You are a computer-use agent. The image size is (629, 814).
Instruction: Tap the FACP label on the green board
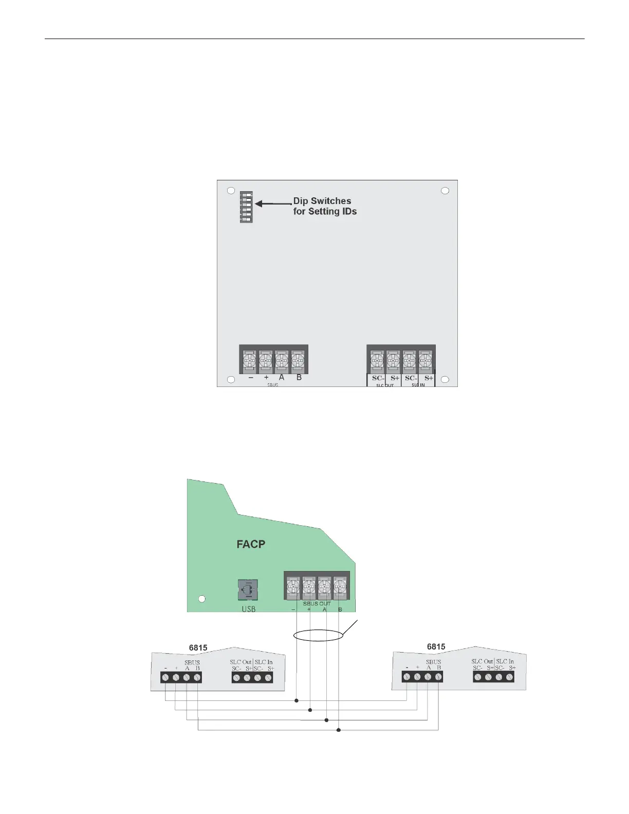point(251,544)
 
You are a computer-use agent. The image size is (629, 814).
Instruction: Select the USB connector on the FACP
point(248,589)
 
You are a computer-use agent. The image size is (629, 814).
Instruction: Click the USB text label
point(248,609)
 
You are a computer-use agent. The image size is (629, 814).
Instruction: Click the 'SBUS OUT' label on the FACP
point(317,603)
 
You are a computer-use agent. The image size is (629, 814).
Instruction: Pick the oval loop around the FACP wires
point(318,635)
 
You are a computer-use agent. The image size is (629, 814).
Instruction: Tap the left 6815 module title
point(198,647)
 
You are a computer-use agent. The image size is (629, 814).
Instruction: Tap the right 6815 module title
point(436,646)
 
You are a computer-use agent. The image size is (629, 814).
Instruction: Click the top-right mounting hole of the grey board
point(445,191)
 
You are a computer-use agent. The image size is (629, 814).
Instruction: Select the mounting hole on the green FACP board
point(202,599)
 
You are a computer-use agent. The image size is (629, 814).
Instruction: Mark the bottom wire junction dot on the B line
point(339,730)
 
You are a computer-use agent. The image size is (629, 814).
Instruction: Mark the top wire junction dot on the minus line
point(297,700)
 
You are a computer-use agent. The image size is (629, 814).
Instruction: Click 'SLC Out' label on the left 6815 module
point(240,662)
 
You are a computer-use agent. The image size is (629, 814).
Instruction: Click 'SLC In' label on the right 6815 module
point(505,661)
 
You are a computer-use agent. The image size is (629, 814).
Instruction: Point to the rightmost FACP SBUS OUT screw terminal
point(340,586)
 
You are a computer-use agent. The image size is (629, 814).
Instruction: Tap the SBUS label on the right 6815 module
point(433,662)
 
